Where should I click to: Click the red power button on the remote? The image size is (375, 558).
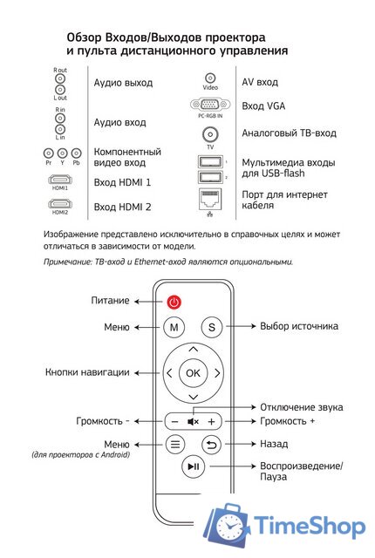tap(174, 303)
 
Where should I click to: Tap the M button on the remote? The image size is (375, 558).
tap(174, 327)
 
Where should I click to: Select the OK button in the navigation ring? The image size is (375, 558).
tap(193, 372)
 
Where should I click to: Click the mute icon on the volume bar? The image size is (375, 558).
tap(193, 421)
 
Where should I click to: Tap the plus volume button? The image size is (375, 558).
tap(211, 421)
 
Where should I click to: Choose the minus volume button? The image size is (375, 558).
tap(174, 421)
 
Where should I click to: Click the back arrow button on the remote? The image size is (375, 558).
tap(211, 444)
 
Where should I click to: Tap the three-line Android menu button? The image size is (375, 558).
tap(174, 444)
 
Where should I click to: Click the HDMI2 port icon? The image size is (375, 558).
tap(60, 204)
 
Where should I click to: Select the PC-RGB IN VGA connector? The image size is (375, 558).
tap(210, 105)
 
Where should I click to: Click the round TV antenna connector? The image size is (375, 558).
tap(210, 134)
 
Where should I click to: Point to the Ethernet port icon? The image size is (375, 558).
tap(210, 197)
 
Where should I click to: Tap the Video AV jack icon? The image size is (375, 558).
tap(210, 79)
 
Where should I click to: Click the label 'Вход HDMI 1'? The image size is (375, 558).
tap(123, 182)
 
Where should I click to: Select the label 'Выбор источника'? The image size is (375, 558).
tap(299, 327)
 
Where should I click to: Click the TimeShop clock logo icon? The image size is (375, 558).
tap(229, 528)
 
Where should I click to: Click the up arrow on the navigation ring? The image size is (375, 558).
tap(193, 349)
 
